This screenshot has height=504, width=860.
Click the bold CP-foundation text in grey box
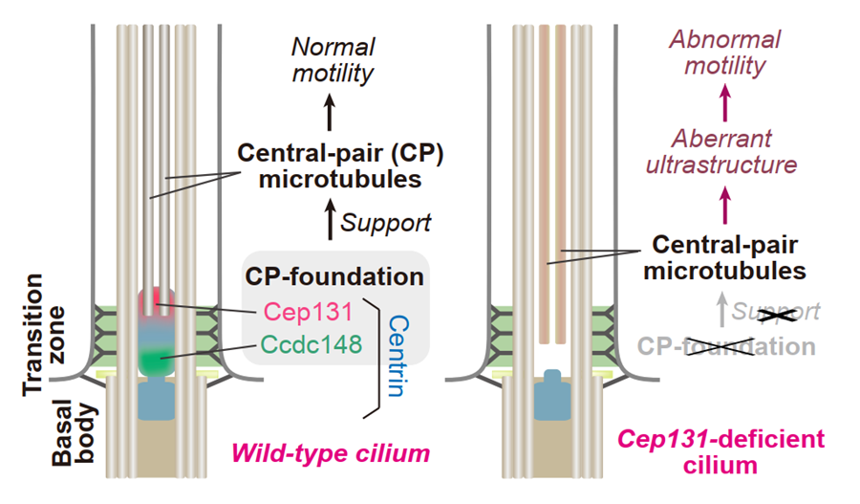click(x=334, y=277)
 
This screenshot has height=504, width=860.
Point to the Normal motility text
click(x=333, y=59)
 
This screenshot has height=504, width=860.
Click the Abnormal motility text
click(x=724, y=53)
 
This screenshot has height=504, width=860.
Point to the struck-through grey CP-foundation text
click(x=725, y=345)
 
